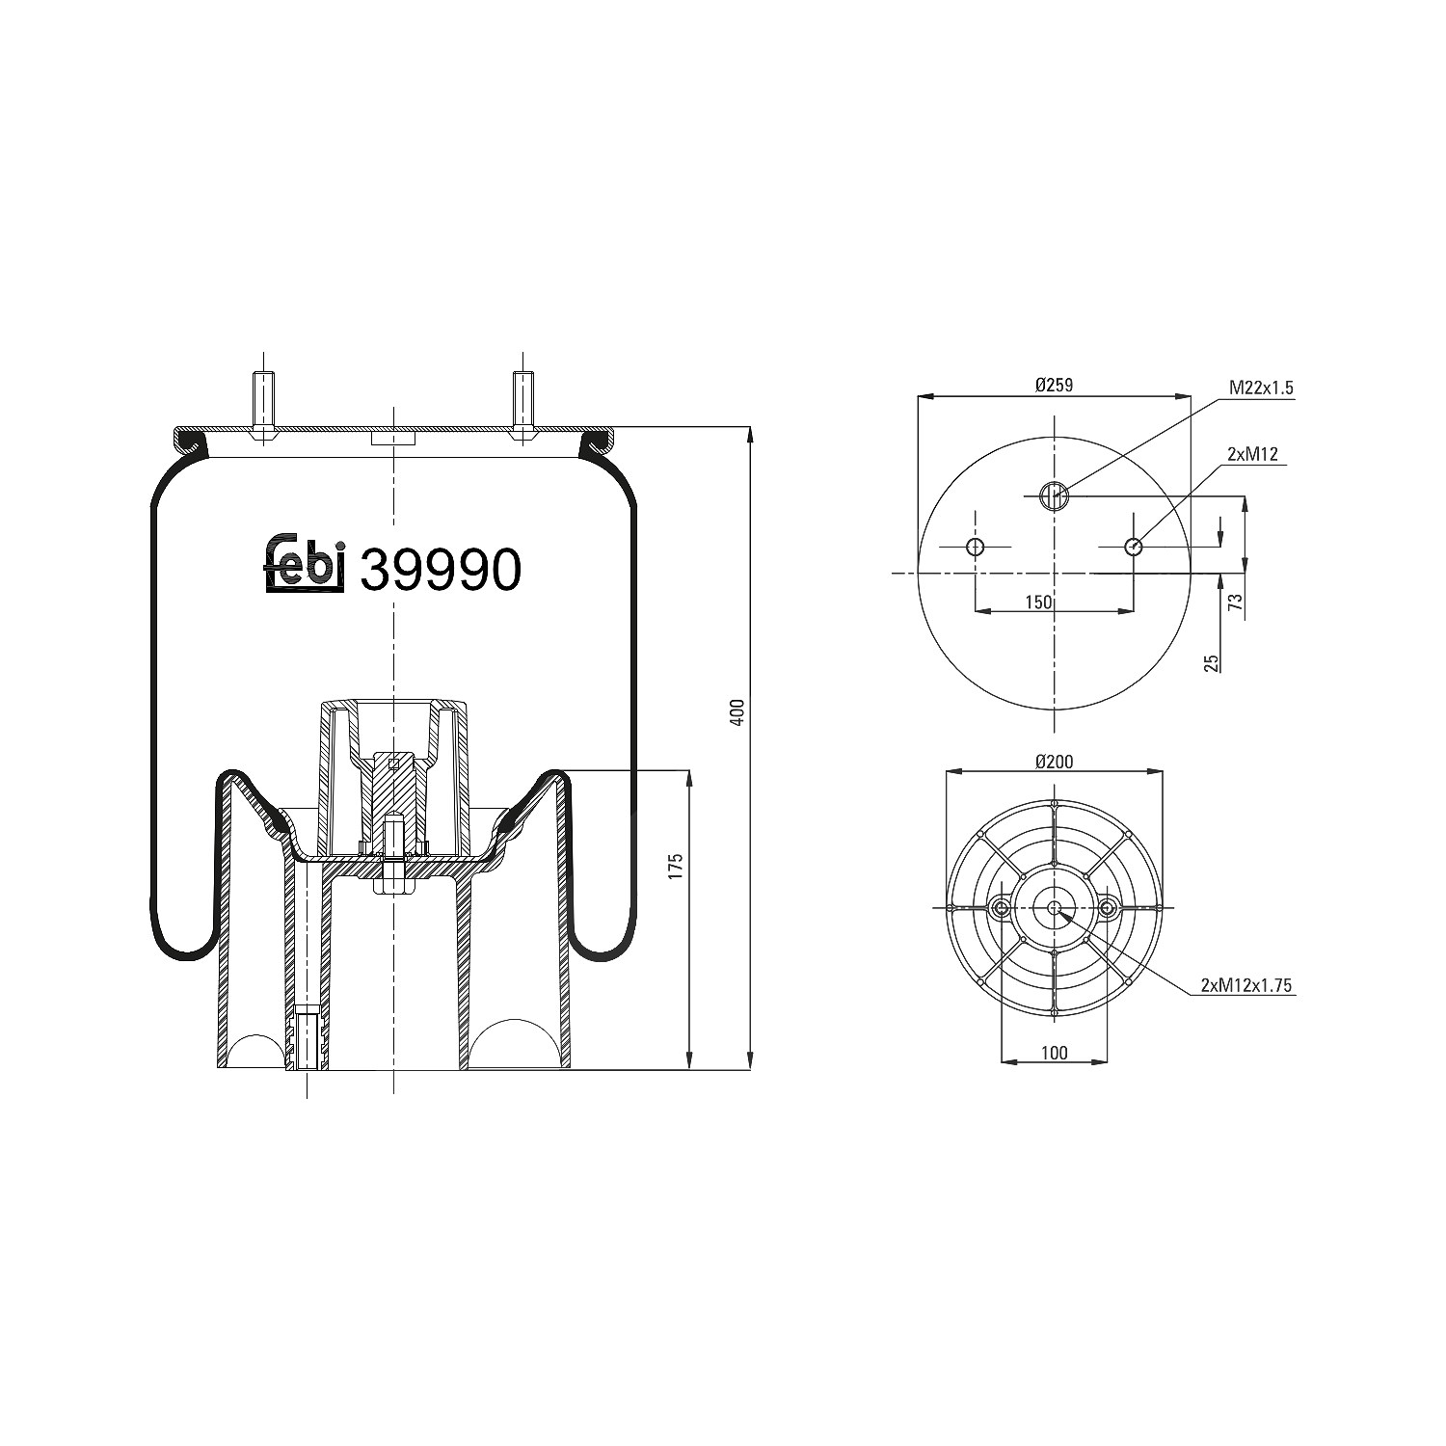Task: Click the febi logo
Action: click(x=305, y=563)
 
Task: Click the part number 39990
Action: click(x=441, y=570)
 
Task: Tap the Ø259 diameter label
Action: click(x=1055, y=385)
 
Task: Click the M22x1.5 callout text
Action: click(x=1261, y=388)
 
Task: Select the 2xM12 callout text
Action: click(x=1252, y=454)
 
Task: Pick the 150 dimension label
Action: click(x=1038, y=602)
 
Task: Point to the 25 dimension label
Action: click(x=1212, y=662)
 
